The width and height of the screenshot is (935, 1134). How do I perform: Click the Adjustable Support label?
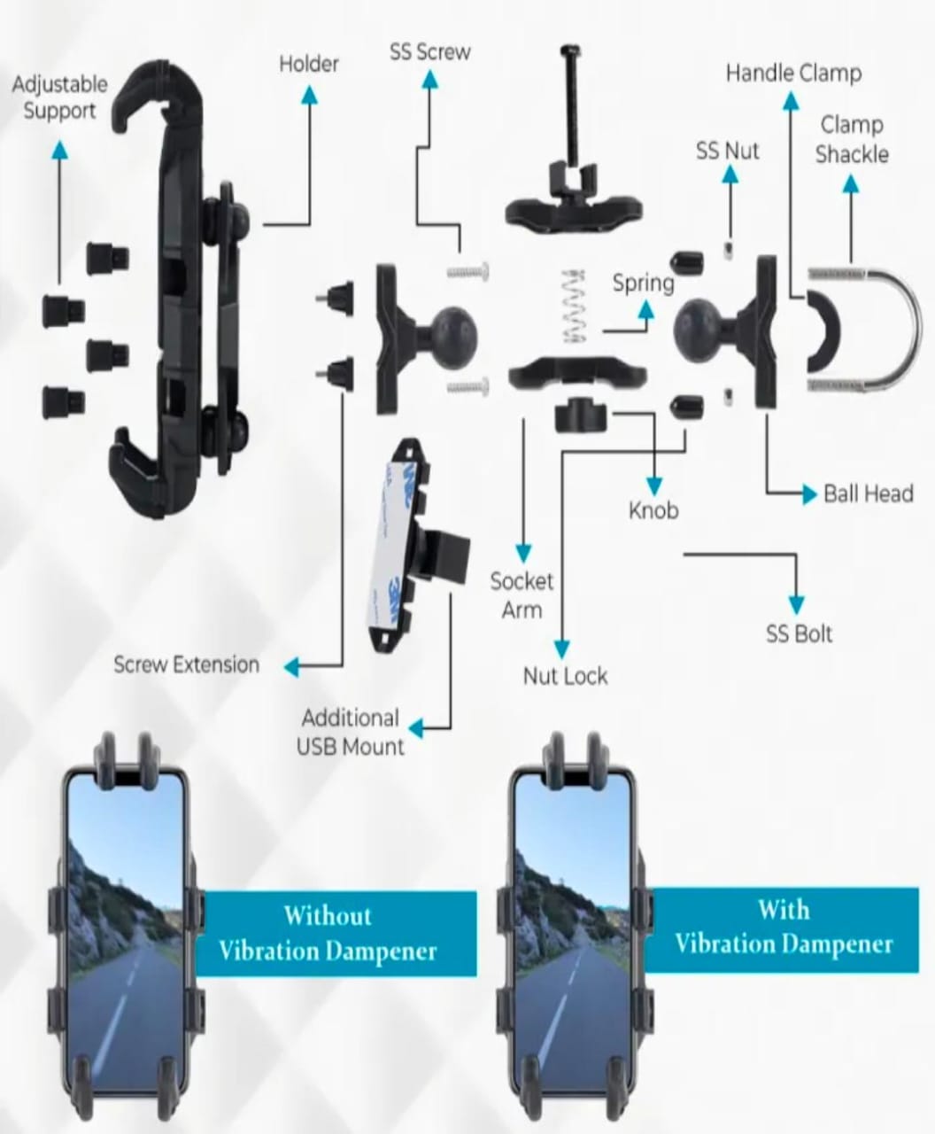pos(59,97)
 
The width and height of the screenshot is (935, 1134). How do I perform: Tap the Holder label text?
pos(309,64)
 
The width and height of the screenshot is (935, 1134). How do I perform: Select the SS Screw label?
pos(429,52)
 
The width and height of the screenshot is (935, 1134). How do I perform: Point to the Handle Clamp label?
pos(792,73)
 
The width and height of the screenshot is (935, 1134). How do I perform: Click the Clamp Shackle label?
pos(851,139)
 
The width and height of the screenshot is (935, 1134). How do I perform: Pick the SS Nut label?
pos(727,151)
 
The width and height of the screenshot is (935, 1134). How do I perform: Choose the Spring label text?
pos(643,283)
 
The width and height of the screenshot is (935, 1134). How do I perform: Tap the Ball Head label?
pos(868,493)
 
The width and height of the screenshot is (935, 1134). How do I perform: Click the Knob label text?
pos(653,510)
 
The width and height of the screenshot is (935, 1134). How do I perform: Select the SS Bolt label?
pos(799,633)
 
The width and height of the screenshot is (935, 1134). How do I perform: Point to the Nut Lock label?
pos(565,676)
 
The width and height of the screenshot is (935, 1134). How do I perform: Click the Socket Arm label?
pos(522,595)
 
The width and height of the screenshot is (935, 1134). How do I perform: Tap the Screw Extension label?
pos(186,664)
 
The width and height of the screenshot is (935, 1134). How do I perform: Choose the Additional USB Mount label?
pos(350,732)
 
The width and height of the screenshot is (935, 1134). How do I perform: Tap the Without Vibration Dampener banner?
pos(328,933)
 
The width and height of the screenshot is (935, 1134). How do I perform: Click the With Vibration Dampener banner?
pos(784,927)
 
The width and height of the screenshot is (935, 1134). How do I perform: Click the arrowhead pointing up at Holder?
pos(309,95)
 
